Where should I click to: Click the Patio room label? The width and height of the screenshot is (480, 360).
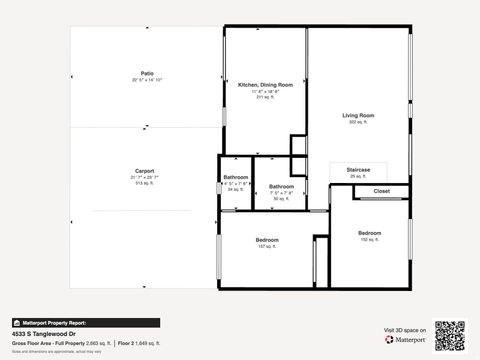146,73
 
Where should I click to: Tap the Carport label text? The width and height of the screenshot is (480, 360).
145,170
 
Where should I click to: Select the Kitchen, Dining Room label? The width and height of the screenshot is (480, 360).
265,85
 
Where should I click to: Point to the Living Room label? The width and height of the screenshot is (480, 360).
358,116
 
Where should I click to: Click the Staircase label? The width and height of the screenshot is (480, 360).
358,170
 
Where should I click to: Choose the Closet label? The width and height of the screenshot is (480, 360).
382,190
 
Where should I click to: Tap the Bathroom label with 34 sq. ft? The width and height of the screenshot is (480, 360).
235,178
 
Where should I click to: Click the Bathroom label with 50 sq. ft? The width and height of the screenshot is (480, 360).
281,187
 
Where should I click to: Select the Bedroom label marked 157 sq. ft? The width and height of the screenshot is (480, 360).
266,240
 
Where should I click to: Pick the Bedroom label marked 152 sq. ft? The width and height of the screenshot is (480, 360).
369,233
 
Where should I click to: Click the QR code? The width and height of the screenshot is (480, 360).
450,335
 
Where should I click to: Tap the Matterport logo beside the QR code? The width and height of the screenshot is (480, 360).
404,339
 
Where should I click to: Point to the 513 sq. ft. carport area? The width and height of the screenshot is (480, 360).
145,183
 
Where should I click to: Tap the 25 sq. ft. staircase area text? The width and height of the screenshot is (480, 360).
358,176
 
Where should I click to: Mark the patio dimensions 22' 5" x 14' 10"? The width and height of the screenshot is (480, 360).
146,79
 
